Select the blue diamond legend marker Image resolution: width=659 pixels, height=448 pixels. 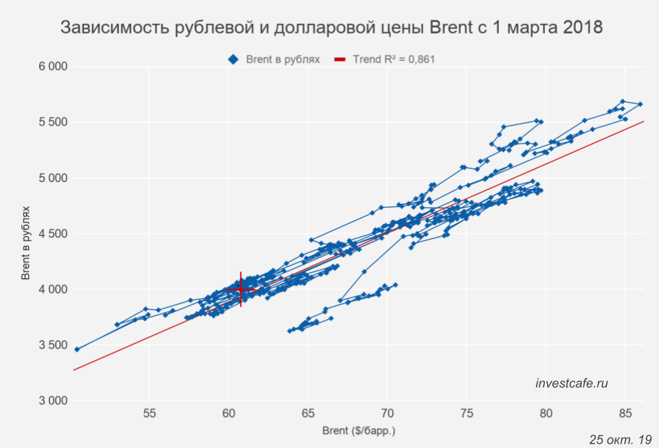[x=233, y=60]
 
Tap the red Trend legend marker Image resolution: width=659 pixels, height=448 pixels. [x=340, y=60]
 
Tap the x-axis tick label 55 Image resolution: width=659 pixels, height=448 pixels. [x=149, y=414]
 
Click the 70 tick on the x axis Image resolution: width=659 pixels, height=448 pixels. [x=387, y=414]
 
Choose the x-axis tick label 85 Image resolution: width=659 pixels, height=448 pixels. [x=625, y=414]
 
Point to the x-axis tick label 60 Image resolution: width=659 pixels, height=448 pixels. [x=228, y=414]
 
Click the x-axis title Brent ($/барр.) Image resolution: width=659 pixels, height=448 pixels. [x=359, y=432]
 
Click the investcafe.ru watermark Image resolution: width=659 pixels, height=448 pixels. [x=572, y=383]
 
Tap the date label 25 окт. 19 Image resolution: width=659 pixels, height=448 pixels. [x=620, y=438]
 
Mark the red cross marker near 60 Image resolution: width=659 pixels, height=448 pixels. [x=241, y=289]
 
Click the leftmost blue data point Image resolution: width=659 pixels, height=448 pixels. [x=77, y=349]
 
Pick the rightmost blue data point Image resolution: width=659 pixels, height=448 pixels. [x=640, y=104]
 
